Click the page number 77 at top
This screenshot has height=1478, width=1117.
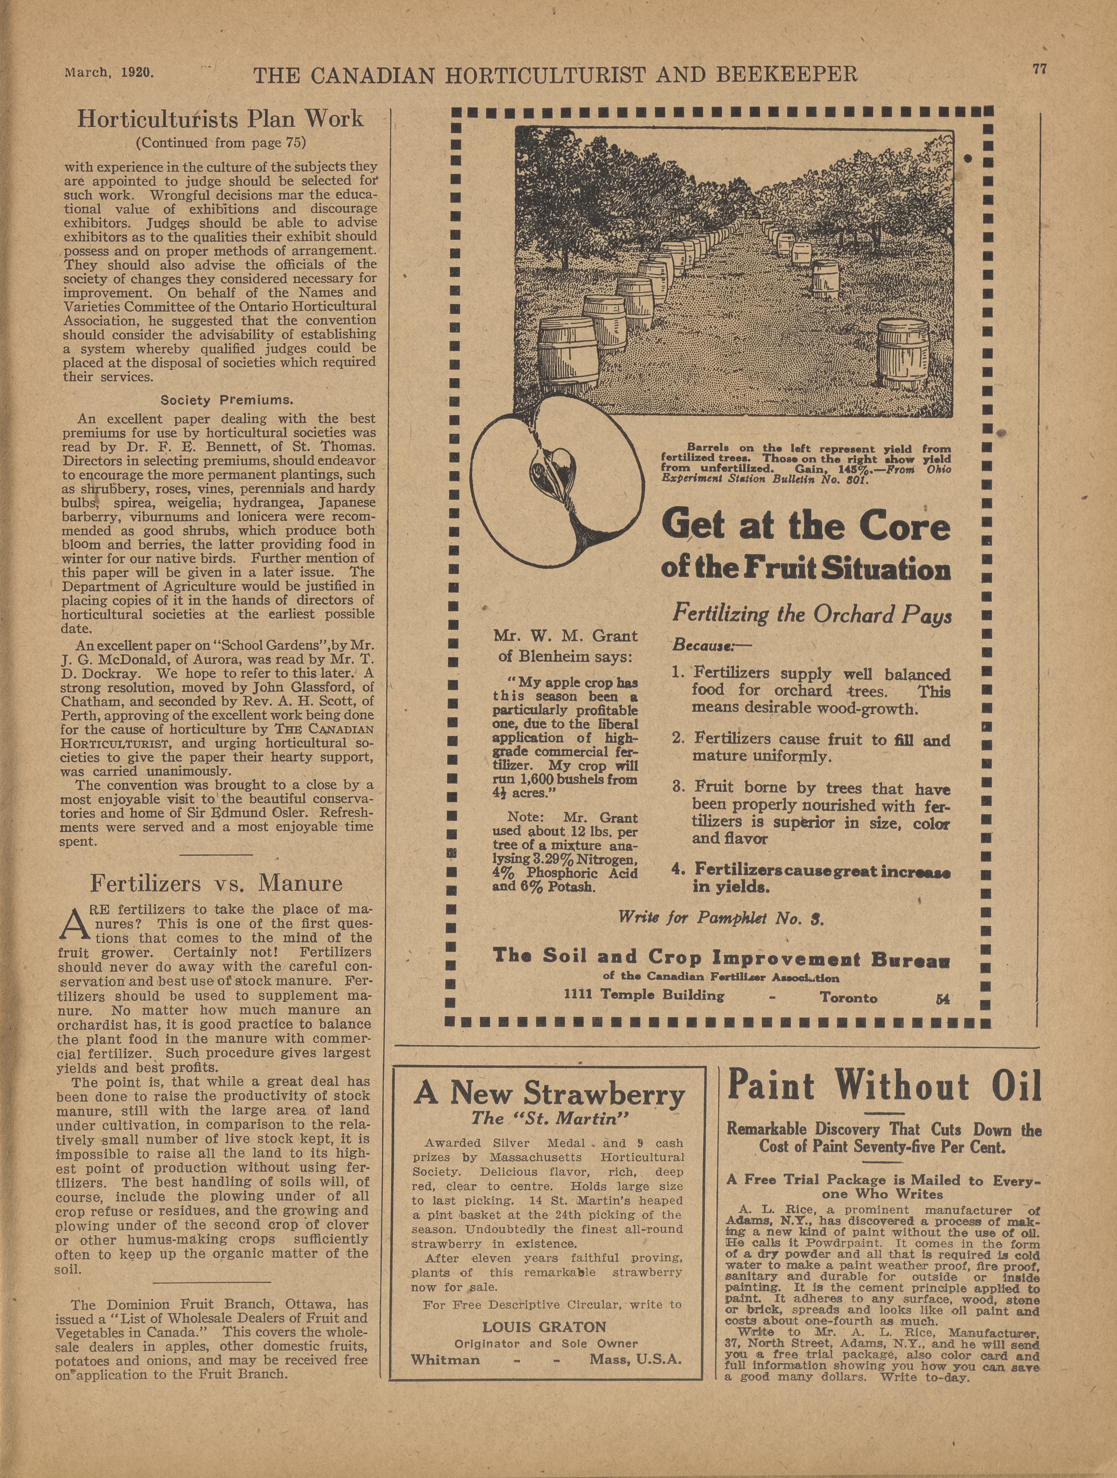tap(1039, 70)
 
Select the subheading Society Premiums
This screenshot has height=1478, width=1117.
tap(226, 401)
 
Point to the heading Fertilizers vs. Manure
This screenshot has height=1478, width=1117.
tap(216, 883)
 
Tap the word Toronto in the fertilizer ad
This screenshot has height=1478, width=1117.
tap(849, 998)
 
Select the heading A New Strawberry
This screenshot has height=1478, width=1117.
tap(549, 1094)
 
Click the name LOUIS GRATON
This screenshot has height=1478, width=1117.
tap(544, 1327)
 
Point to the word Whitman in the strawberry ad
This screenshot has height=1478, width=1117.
tap(445, 1360)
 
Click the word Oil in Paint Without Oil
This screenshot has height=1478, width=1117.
tap(1012, 1086)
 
